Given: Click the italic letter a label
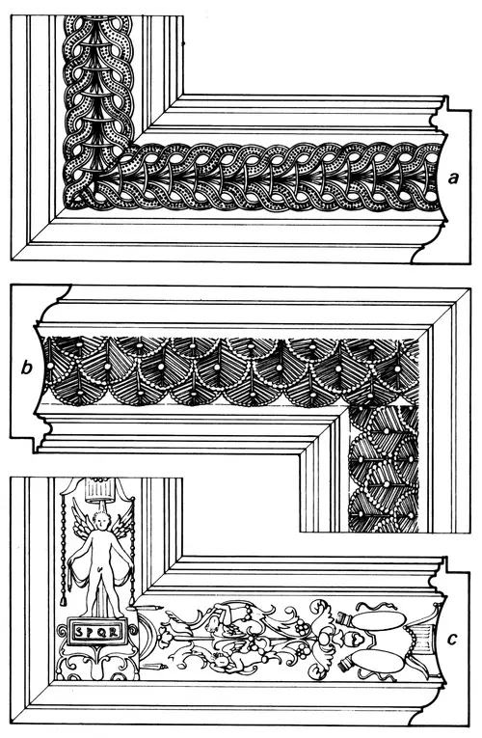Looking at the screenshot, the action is [453, 178].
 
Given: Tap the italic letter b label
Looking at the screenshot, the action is [27, 368].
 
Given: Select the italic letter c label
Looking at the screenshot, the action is [452, 640].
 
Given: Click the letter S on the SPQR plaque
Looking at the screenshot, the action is [78, 632].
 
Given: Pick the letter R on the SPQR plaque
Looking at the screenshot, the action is [113, 632].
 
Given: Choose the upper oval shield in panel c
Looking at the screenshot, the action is [378, 621].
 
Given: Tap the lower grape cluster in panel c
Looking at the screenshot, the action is [305, 652].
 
